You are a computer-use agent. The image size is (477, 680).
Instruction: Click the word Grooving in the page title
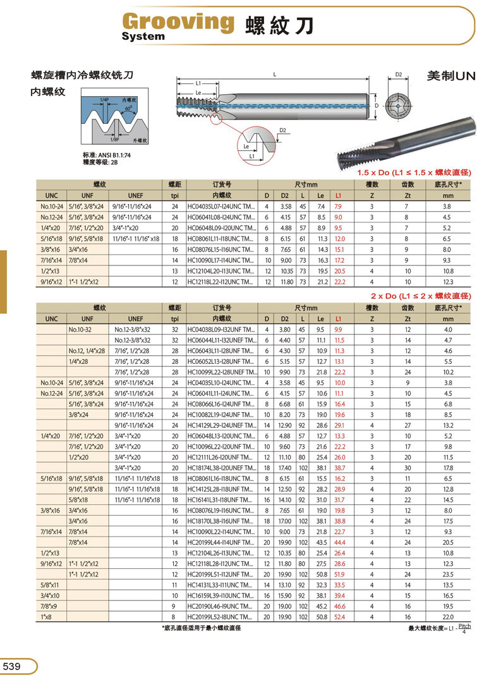coord(176,22)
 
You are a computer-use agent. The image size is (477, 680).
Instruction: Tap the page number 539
coord(13,666)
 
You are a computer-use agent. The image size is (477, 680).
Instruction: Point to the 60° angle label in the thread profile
coord(129,108)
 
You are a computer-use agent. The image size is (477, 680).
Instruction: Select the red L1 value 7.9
coord(338,206)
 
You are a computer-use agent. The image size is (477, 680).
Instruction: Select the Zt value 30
coord(408,468)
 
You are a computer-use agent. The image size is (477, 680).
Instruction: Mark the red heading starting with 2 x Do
coord(421,296)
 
